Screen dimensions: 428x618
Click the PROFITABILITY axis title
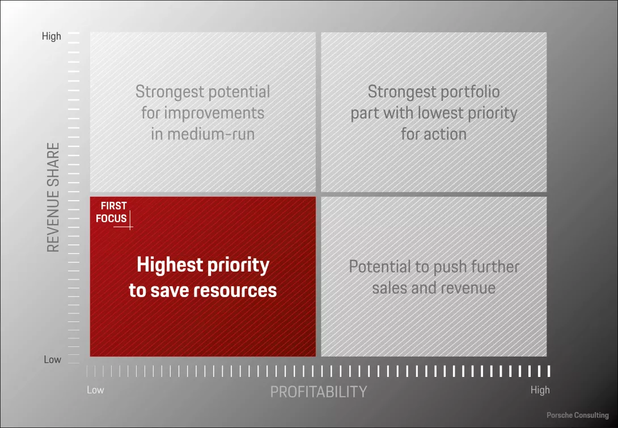click(x=318, y=392)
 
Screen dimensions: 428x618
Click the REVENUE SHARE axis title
click(x=53, y=197)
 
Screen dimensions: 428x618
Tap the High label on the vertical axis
click(x=51, y=36)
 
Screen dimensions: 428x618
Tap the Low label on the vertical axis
click(x=52, y=359)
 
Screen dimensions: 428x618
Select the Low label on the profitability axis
click(x=95, y=390)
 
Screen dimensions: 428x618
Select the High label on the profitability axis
click(x=540, y=390)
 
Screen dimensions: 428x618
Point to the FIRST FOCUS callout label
click(x=112, y=212)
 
